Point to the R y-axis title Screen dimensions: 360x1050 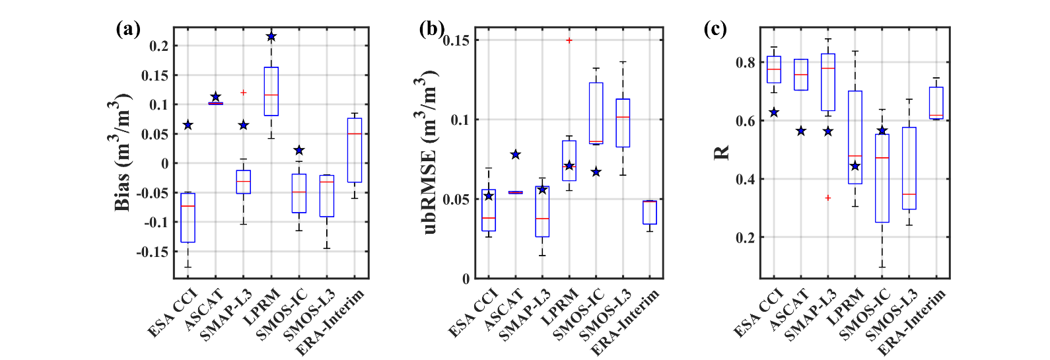tap(722, 152)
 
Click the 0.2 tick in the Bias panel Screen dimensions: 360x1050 tap(158, 46)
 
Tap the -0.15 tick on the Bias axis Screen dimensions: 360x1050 tap(153, 252)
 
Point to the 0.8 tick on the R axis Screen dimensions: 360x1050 tap(746, 63)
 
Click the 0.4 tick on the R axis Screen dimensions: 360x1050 tap(746, 179)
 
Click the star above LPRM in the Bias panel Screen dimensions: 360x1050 tap(271, 36)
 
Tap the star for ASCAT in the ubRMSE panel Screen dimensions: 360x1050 tap(515, 155)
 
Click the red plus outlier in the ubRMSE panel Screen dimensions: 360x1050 tap(569, 40)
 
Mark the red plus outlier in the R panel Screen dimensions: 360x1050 tap(828, 198)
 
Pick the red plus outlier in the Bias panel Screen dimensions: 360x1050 tap(243, 92)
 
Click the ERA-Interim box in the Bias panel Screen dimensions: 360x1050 tap(355, 150)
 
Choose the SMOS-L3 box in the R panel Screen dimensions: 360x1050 tap(909, 168)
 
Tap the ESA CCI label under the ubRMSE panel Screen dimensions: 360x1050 tap(472, 313)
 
